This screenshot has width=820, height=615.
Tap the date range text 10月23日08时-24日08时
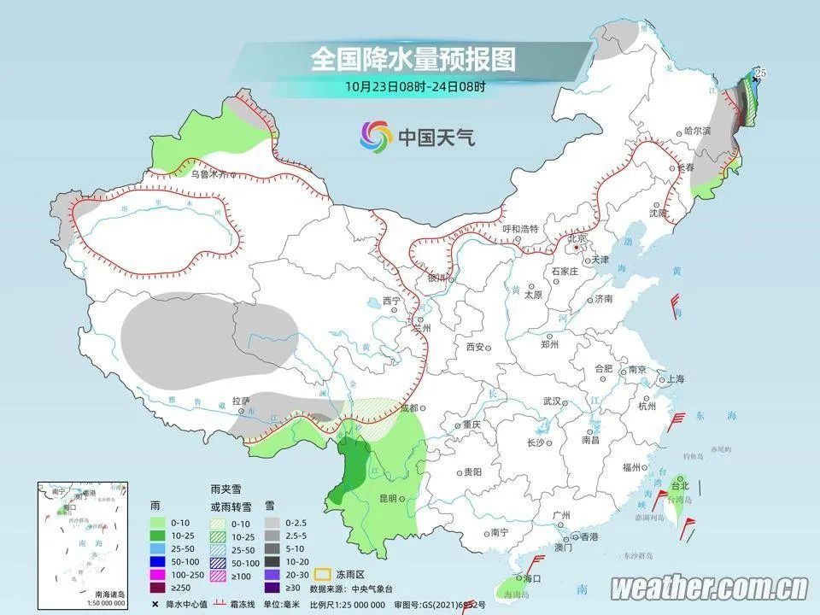pyautogui.click(x=416, y=85)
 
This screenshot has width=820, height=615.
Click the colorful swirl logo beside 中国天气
pyautogui.click(x=374, y=134)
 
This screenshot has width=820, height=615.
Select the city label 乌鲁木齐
pyautogui.click(x=210, y=173)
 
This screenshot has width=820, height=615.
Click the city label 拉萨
pyautogui.click(x=241, y=400)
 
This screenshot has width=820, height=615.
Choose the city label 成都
pyautogui.click(x=408, y=407)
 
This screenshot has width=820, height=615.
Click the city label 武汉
pyautogui.click(x=551, y=401)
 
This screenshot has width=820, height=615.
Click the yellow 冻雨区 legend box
pyautogui.click(x=324, y=575)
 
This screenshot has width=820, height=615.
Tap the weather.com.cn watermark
pyautogui.click(x=709, y=588)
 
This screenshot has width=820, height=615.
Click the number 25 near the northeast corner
pyautogui.click(x=760, y=74)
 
